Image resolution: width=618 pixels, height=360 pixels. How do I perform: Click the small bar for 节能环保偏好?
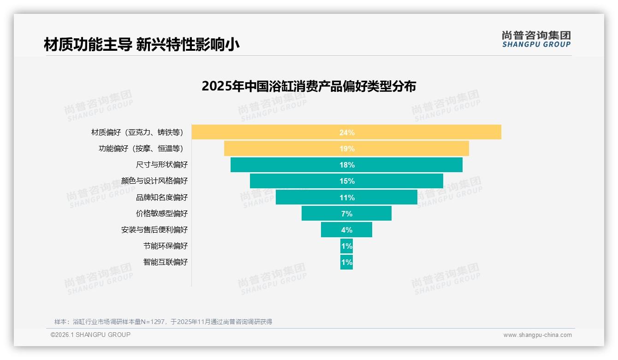point(346,246)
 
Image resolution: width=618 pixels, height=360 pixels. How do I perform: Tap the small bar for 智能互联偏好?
point(346,262)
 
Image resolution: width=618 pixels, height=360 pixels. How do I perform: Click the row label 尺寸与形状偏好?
point(162,165)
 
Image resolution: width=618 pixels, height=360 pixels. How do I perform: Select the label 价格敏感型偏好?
point(162,214)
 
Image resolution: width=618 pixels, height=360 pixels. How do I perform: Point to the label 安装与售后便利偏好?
point(154,230)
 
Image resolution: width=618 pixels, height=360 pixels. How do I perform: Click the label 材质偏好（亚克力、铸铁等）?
point(137,132)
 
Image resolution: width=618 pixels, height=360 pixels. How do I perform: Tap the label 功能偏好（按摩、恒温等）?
point(141,149)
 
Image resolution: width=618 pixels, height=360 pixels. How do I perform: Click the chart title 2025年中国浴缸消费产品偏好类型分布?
point(309,86)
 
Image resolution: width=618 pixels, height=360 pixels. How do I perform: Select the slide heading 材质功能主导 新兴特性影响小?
point(142,45)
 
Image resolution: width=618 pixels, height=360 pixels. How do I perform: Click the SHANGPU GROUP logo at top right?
point(536,39)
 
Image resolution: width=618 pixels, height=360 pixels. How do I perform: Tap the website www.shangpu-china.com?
point(537,335)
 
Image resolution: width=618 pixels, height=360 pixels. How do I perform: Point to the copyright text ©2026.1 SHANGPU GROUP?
point(90,335)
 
